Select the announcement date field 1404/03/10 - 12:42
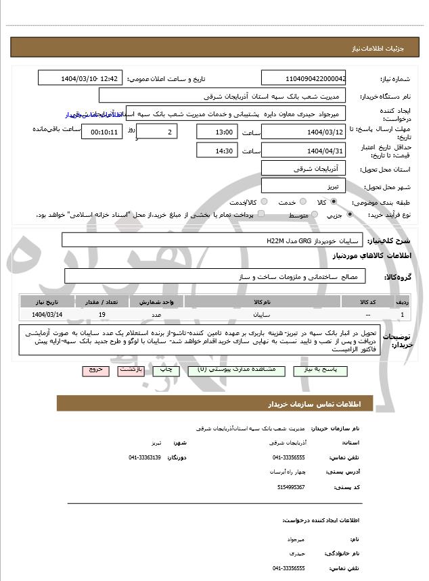point(81,78)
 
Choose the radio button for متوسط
point(314,215)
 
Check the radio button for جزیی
point(350,215)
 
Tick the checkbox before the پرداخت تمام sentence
point(261,214)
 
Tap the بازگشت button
point(130,371)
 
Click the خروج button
point(95,371)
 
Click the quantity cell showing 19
point(101,315)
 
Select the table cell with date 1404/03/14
point(47,315)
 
